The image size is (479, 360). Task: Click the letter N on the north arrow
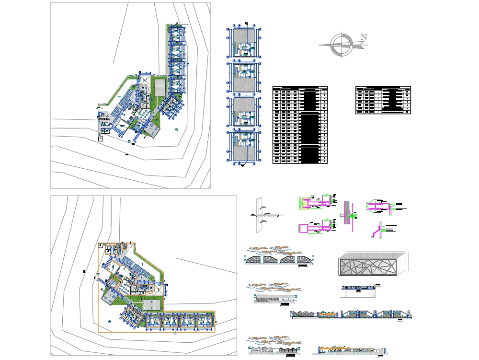(x=364, y=37)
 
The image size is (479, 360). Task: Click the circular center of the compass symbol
(x=342, y=45)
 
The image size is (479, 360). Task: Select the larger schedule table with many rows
(x=300, y=125)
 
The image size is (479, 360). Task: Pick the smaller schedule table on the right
(x=383, y=100)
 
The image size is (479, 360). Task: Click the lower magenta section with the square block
(x=314, y=228)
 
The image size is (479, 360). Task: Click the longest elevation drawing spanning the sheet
(x=351, y=314)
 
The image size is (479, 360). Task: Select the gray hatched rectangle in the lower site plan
(x=152, y=305)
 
